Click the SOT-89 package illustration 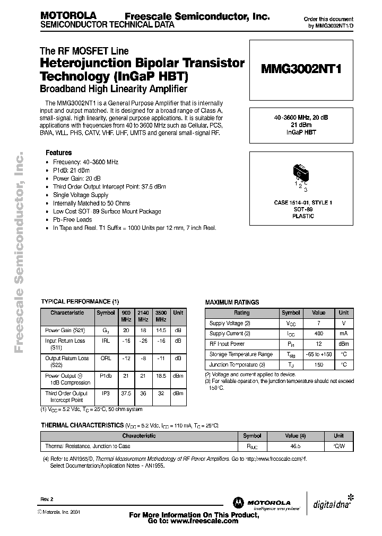(x=301, y=173)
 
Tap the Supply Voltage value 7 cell (x=318, y=323)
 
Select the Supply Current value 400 (x=318, y=334)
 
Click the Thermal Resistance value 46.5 (x=296, y=446)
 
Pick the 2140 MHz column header (x=143, y=316)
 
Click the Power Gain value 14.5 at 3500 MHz (x=161, y=330)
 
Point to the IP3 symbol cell (x=106, y=394)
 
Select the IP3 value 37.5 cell (x=126, y=394)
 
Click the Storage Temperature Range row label (x=241, y=354)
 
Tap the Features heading (x=58, y=152)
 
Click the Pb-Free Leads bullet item (x=72, y=219)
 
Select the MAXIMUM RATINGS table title (x=232, y=302)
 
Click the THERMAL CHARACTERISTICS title (x=82, y=425)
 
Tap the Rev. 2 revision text (x=47, y=499)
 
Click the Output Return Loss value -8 (x=143, y=358)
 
